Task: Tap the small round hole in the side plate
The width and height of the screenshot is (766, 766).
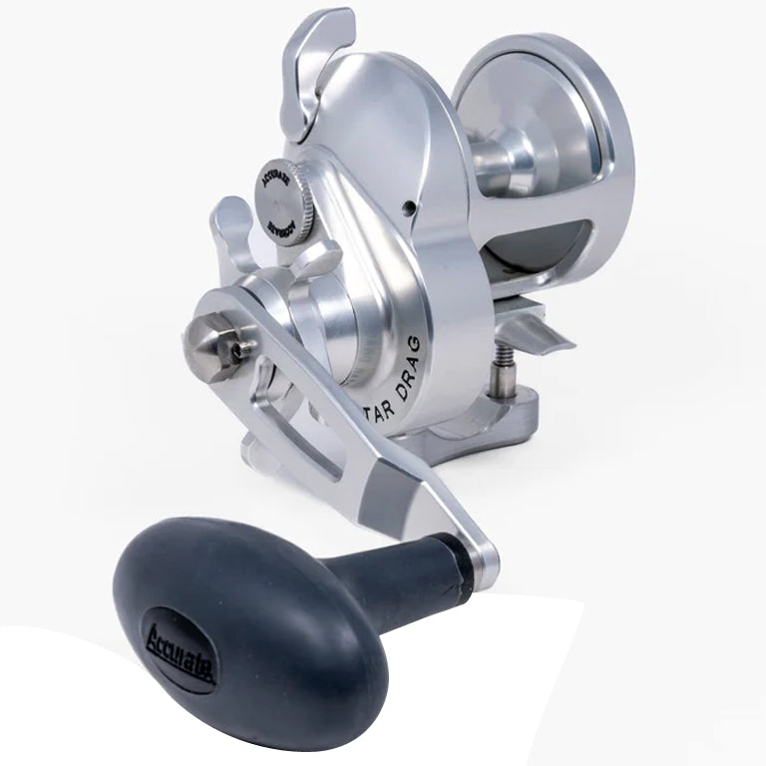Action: coord(409,207)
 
